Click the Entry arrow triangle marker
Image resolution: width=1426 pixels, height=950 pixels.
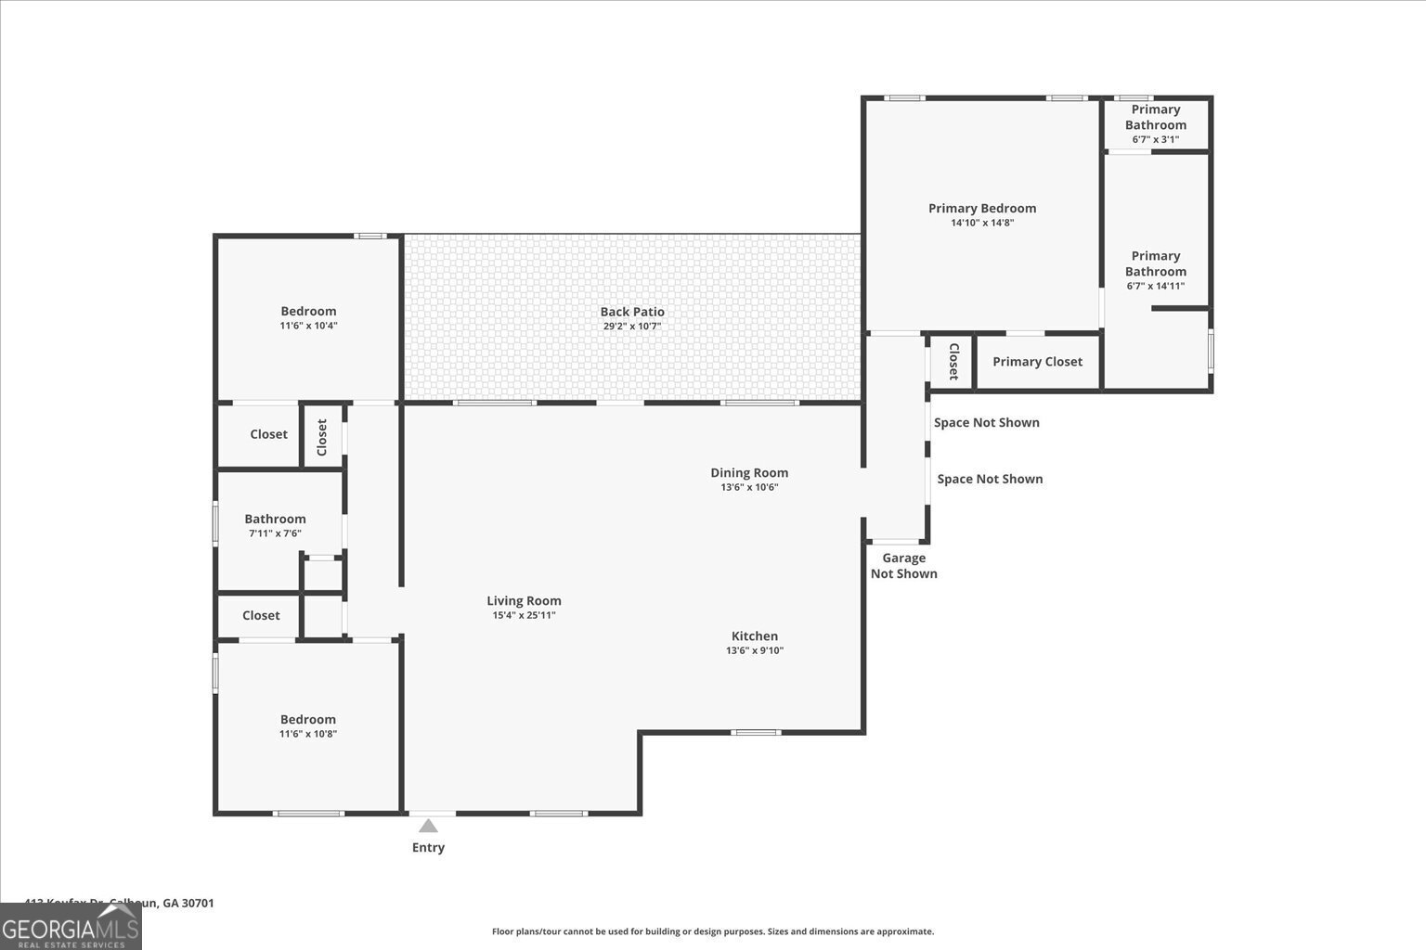(428, 826)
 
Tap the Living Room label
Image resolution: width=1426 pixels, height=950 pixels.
(524, 600)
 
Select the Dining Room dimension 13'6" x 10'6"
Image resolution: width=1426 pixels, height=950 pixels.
(749, 487)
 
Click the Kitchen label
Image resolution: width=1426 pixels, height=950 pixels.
(755, 635)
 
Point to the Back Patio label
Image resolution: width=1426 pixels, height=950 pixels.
(632, 312)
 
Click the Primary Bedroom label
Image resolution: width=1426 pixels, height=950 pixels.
(982, 208)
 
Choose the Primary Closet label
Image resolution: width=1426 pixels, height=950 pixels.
(1037, 362)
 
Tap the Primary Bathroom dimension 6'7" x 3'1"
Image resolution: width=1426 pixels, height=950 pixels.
(1155, 140)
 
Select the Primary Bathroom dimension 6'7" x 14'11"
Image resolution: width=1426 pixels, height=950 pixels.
(1155, 286)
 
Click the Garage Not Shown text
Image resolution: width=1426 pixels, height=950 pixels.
(903, 565)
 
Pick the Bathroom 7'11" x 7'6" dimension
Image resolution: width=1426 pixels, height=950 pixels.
(275, 533)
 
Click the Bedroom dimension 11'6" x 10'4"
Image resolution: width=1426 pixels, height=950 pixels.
(308, 326)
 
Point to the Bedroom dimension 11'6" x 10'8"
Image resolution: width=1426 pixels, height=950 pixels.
(308, 734)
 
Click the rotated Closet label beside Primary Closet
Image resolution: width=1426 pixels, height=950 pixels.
(953, 362)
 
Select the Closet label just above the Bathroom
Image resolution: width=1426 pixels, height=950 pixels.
(268, 434)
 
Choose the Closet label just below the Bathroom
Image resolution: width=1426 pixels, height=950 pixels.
(261, 615)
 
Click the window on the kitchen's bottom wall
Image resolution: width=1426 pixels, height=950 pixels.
(755, 732)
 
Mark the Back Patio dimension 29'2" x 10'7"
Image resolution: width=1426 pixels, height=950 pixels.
(632, 327)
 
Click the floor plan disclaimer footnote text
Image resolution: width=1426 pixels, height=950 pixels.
(712, 931)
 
